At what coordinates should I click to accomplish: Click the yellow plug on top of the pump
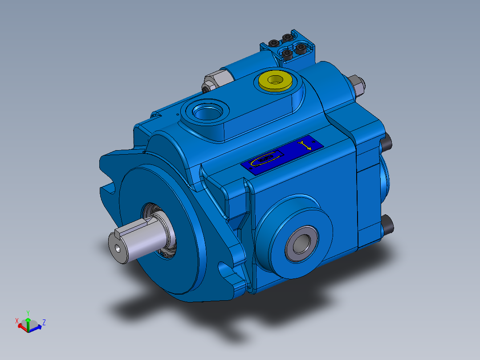[275, 81]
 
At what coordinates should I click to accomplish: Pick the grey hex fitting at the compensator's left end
[211, 81]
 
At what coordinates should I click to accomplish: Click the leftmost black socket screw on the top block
[273, 43]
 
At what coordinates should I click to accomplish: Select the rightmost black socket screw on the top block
[302, 47]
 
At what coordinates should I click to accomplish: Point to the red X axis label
[17, 320]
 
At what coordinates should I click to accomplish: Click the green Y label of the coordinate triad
[28, 313]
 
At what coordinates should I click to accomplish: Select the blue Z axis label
[44, 322]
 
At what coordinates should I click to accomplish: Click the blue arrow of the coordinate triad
[37, 327]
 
